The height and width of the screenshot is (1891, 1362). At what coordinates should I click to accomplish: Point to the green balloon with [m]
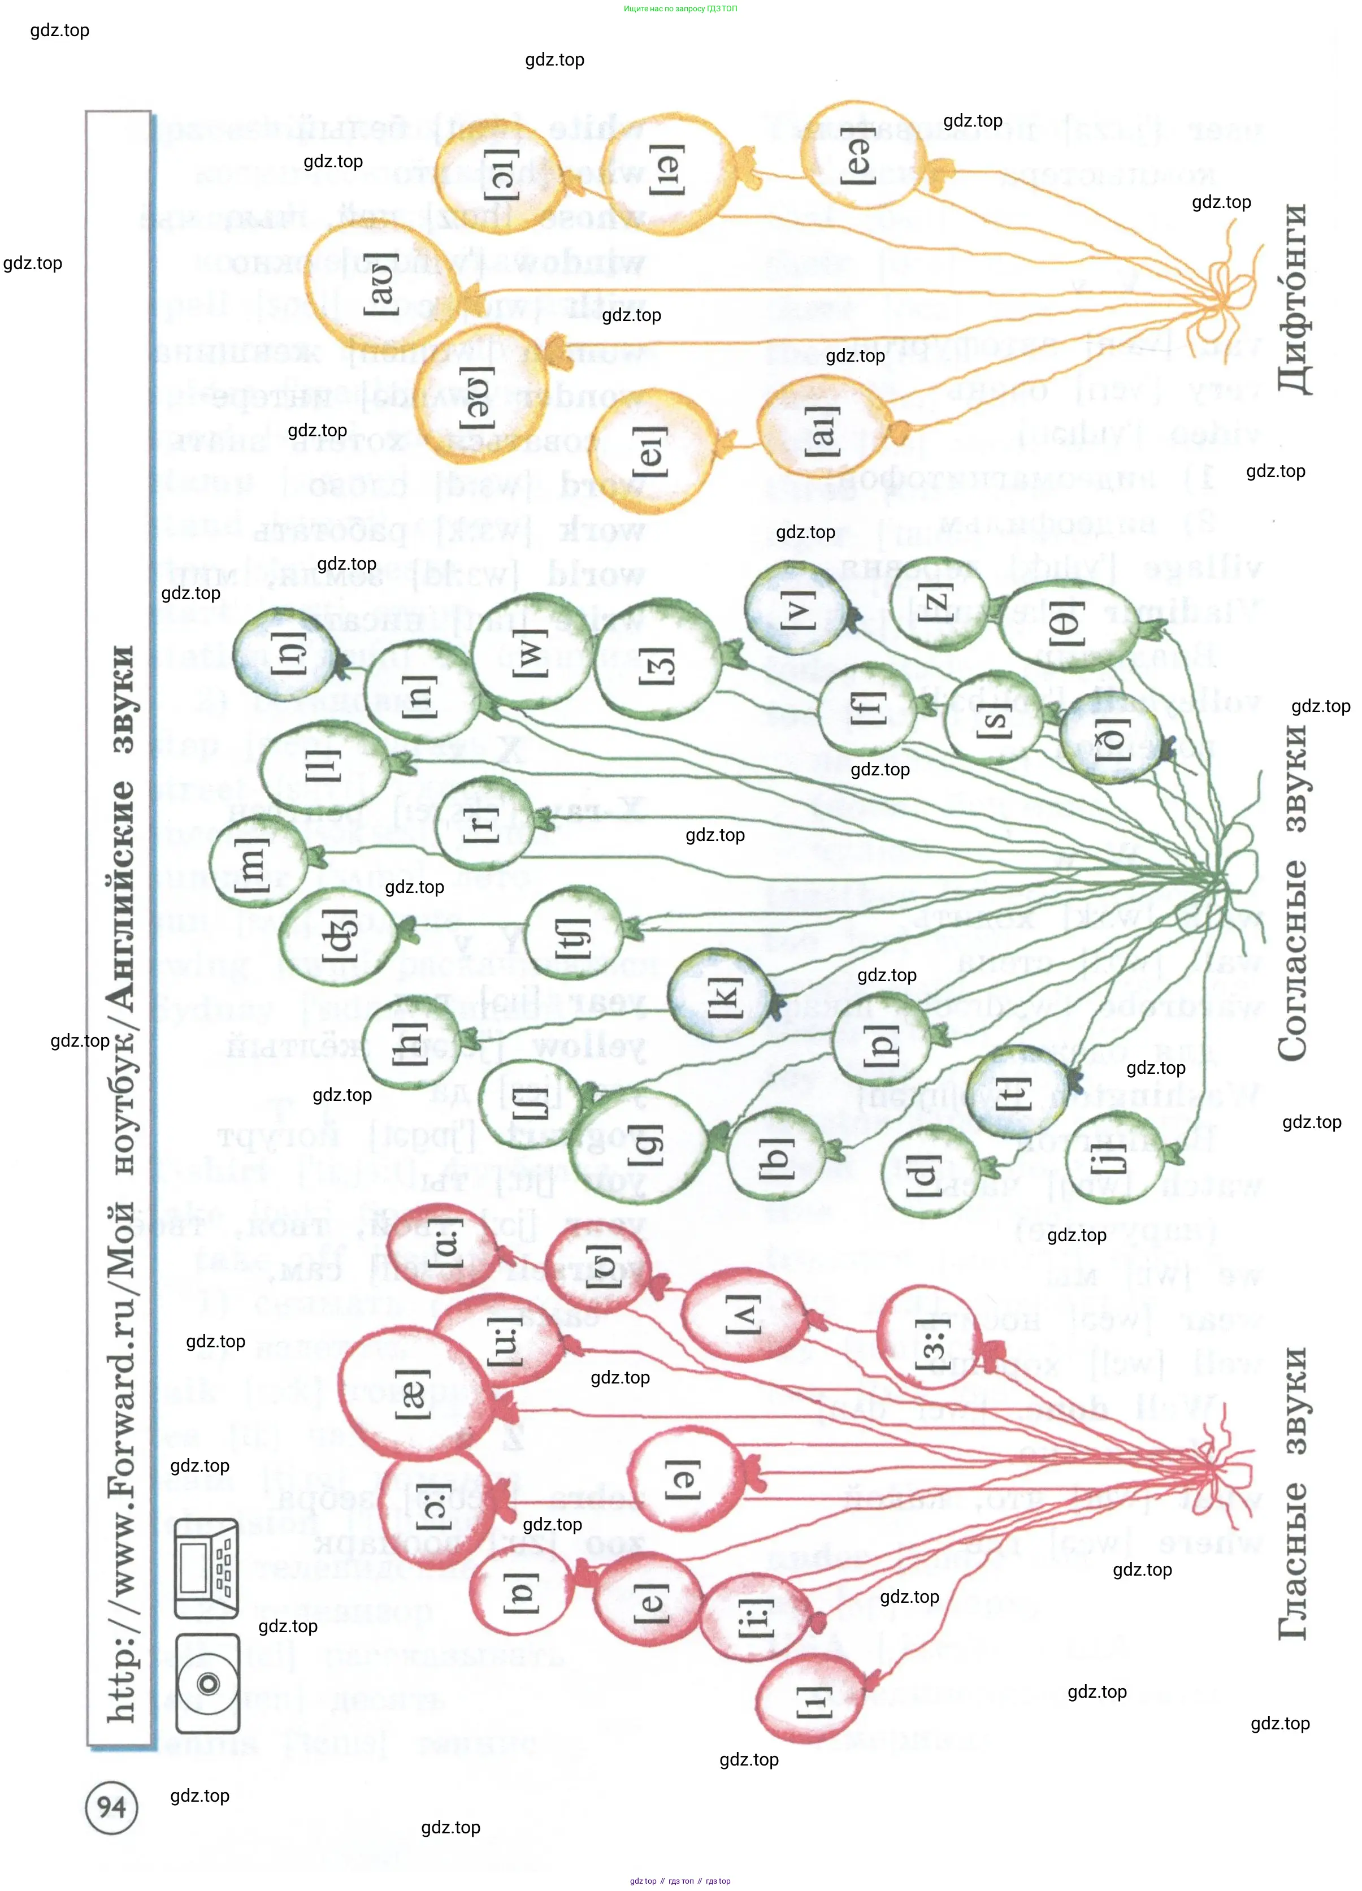pos(254,861)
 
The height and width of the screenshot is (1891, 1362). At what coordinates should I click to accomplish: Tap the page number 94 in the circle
pos(112,1807)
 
